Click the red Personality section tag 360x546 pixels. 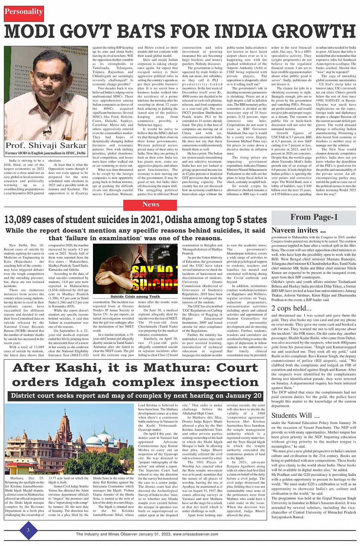point(24,11)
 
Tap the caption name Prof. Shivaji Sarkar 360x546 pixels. point(46,145)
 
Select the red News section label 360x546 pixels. point(151,204)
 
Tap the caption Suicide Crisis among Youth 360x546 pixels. point(135,296)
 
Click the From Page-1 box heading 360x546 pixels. point(314,217)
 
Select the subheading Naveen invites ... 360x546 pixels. point(298,230)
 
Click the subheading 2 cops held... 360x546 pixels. point(291,308)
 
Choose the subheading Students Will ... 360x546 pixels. point(295,415)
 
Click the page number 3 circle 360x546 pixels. point(28,530)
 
